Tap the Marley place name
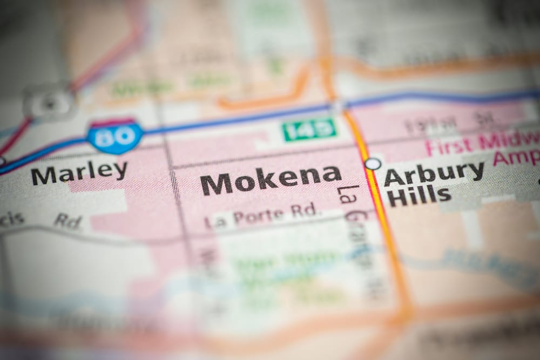pyautogui.click(x=79, y=173)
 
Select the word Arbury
pyautogui.click(x=434, y=174)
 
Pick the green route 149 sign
pyautogui.click(x=309, y=130)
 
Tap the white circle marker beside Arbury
pyautogui.click(x=373, y=163)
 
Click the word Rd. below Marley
pyautogui.click(x=67, y=220)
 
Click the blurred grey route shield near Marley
pyautogui.click(x=50, y=101)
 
